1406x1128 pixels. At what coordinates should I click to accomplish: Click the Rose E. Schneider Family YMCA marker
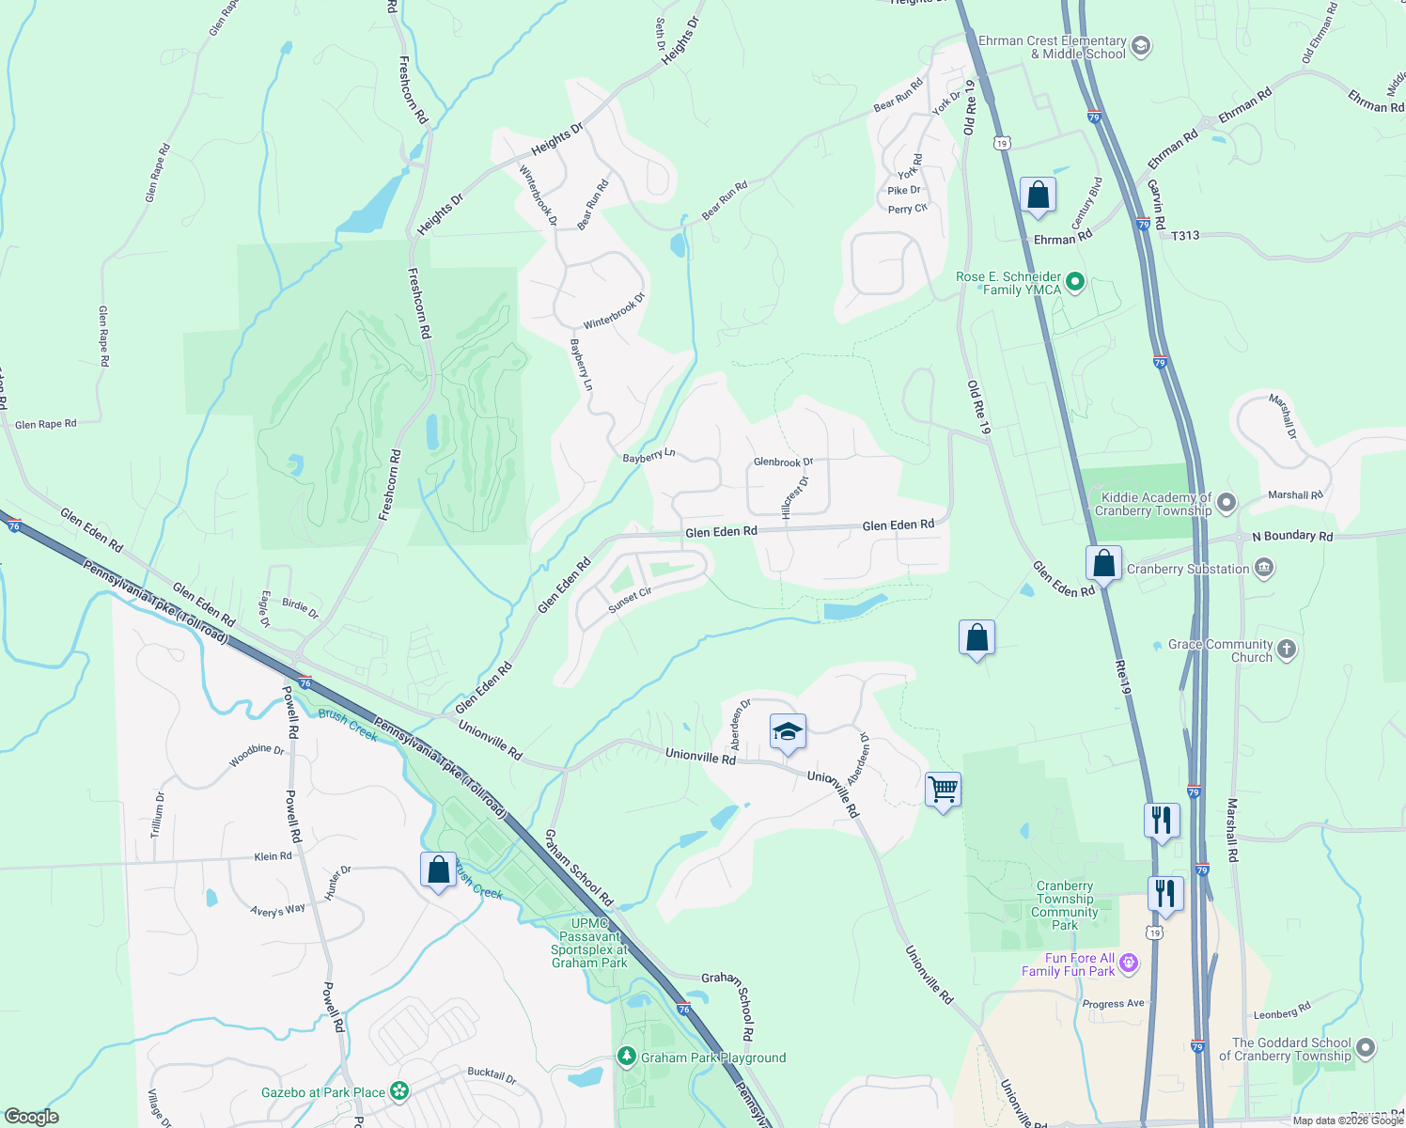click(1076, 282)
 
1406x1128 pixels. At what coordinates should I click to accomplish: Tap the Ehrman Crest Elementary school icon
click(1141, 46)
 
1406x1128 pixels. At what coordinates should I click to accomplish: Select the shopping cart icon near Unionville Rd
click(943, 789)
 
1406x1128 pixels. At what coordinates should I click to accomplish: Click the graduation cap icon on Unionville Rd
click(788, 731)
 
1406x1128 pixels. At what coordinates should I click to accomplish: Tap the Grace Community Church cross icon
click(1287, 650)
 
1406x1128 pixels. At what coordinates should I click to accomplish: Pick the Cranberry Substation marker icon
click(1264, 568)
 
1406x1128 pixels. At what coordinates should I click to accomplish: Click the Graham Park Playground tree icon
click(627, 1057)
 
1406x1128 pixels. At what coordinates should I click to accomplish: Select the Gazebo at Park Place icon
click(400, 1091)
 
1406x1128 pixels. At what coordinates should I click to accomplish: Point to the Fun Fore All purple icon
click(1129, 963)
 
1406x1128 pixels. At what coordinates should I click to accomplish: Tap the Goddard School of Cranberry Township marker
click(1366, 1048)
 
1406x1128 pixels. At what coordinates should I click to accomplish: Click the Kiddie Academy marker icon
click(1226, 503)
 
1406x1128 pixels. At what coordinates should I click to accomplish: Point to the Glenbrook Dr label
click(783, 462)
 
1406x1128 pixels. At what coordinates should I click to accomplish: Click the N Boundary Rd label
click(1292, 536)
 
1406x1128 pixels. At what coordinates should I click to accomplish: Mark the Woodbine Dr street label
click(257, 754)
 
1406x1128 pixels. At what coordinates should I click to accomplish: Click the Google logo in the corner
click(31, 1116)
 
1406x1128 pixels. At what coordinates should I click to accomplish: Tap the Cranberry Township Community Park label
click(1065, 905)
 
